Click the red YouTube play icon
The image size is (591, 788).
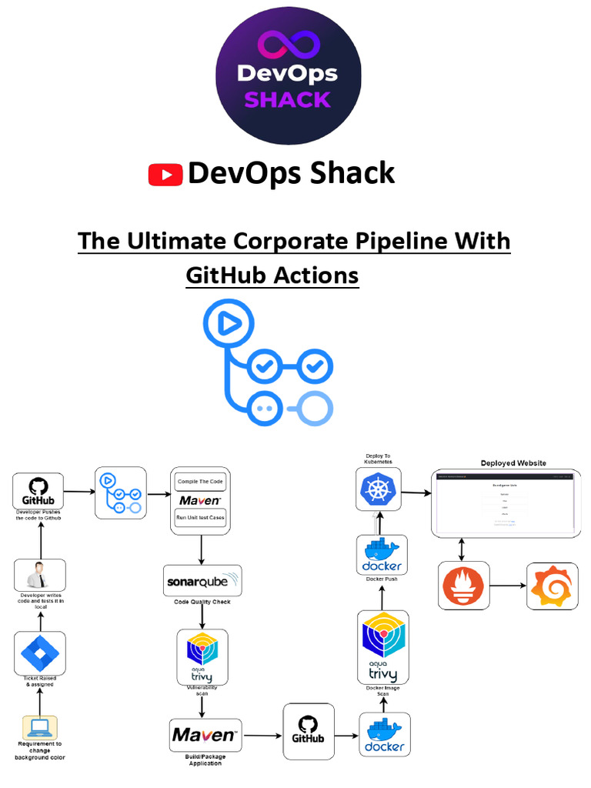(x=165, y=175)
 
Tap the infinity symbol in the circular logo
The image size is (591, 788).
(x=288, y=45)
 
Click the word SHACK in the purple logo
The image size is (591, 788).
(x=288, y=99)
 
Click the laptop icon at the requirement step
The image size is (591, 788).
(x=40, y=727)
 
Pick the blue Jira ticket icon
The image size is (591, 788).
(x=40, y=653)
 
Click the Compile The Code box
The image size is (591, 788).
(x=201, y=482)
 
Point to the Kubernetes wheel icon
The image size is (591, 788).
(x=379, y=489)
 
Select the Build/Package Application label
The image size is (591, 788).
(x=205, y=760)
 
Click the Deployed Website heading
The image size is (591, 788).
(x=513, y=463)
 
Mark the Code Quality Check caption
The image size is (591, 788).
(x=202, y=602)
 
